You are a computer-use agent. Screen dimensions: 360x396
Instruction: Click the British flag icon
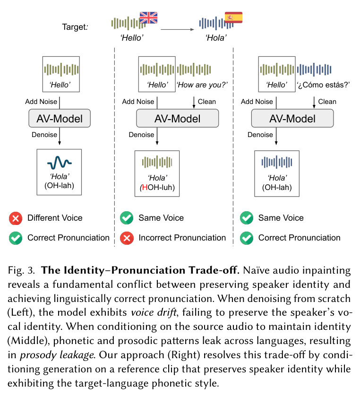tap(148, 17)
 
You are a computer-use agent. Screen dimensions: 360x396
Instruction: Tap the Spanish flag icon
tap(233, 17)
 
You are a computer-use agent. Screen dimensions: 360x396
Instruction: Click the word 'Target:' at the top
tap(75, 27)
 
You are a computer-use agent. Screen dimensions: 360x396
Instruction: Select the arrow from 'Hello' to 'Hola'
tap(177, 30)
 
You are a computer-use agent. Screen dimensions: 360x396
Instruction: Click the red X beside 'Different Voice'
tap(16, 218)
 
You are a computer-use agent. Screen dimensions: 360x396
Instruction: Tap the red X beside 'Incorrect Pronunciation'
tap(127, 238)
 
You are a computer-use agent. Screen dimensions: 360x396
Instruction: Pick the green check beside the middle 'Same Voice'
tap(127, 218)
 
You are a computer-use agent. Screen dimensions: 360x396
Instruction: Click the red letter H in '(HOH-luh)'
tap(145, 188)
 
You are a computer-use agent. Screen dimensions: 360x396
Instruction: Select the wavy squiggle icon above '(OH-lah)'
tap(60, 163)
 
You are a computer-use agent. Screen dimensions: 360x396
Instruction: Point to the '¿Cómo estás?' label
tap(323, 85)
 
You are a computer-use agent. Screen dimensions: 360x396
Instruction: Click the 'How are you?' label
tap(202, 85)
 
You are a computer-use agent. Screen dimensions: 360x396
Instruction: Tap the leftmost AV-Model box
tap(60, 118)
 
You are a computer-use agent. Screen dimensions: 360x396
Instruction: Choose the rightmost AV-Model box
tap(292, 118)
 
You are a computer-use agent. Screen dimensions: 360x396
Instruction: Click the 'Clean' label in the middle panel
tap(207, 102)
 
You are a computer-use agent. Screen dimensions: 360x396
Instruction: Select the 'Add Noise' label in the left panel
tap(41, 102)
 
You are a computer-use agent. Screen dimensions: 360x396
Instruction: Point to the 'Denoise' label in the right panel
tap(260, 135)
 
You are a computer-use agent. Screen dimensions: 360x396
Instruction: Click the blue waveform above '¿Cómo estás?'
tap(314, 69)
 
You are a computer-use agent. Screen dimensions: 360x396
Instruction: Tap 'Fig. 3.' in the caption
tap(21, 270)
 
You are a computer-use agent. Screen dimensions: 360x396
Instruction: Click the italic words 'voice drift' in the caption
tap(154, 313)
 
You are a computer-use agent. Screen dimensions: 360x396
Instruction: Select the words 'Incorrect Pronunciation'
tap(182, 238)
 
